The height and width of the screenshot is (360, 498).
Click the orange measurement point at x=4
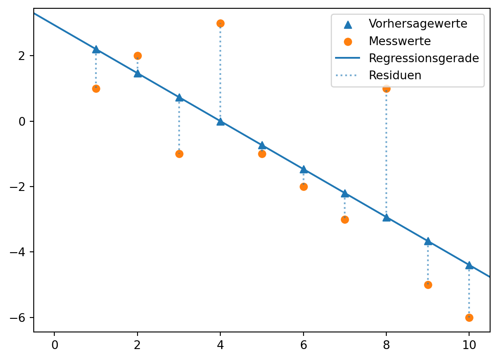220,23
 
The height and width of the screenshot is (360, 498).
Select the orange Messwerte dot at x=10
469,318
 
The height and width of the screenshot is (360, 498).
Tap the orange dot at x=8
386,88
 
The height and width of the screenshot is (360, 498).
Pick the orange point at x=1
96,88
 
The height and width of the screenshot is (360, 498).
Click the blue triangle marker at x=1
96,49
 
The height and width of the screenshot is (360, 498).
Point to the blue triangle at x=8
386,217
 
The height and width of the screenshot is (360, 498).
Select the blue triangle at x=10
469,265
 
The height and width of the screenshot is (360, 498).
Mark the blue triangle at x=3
179,97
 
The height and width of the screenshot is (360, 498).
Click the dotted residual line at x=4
220,72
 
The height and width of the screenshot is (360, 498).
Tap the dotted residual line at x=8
386,153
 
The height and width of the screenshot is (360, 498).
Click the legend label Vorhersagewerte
418,24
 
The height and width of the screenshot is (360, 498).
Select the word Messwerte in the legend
399,41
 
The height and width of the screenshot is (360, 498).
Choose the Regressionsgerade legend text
424,58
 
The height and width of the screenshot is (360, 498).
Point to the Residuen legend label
395,75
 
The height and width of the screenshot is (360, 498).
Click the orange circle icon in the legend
348,42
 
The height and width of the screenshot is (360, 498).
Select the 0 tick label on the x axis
55,345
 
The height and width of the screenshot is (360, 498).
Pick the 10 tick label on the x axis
469,345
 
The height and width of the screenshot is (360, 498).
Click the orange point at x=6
304,187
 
